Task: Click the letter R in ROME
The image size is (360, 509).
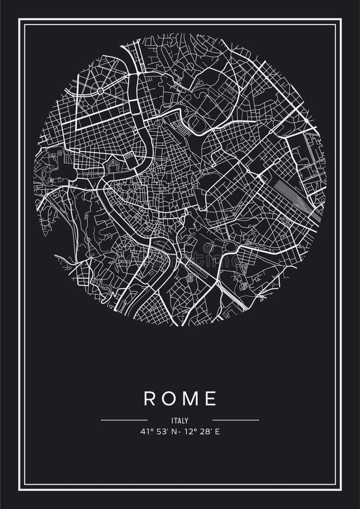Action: click(x=149, y=398)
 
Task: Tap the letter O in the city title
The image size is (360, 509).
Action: click(x=170, y=398)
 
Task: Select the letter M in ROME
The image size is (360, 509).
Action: click(x=191, y=398)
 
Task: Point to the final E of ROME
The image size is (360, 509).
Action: click(x=211, y=398)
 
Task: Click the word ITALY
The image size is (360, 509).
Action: click(x=180, y=420)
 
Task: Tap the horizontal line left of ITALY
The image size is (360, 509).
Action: click(x=124, y=420)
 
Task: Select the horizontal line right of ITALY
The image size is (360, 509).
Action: click(x=236, y=420)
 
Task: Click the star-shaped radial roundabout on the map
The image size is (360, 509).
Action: click(x=100, y=90)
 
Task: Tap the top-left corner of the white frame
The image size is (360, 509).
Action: click(x=19, y=19)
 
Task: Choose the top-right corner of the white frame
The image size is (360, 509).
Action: click(x=341, y=19)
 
